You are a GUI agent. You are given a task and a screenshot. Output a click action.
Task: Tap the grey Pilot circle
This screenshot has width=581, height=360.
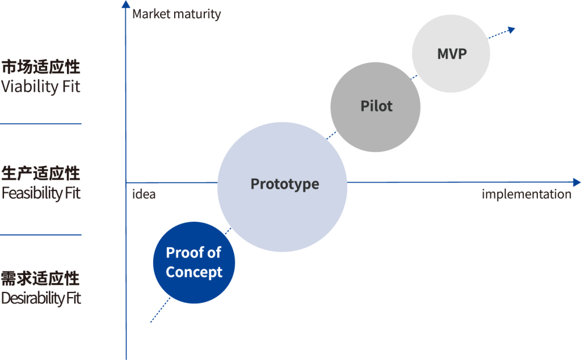[376, 107]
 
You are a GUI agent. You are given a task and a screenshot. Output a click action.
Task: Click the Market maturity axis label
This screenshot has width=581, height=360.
[176, 14]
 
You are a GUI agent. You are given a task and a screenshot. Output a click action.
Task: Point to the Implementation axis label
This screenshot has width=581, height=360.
[527, 194]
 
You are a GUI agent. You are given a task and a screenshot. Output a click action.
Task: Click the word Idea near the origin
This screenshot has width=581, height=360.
[144, 194]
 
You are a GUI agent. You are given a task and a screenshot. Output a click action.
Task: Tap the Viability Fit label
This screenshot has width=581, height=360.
[41, 87]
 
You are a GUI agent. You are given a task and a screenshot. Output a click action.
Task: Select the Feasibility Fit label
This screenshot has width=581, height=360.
[41, 193]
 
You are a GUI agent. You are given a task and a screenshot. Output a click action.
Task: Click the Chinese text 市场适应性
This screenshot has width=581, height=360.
[41, 67]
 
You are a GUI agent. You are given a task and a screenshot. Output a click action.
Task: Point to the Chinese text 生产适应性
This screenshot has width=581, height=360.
[41, 173]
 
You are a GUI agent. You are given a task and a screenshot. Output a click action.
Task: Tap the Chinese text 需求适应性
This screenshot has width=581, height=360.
[41, 278]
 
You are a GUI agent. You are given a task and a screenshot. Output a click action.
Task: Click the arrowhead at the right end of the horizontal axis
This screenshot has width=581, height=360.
[576, 183]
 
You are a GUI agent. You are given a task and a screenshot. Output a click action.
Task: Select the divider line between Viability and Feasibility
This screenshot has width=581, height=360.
[41, 124]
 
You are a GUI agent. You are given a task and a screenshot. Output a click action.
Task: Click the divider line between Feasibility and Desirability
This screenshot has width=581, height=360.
[41, 235]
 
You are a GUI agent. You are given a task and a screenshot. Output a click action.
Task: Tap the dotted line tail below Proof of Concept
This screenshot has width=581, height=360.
[152, 321]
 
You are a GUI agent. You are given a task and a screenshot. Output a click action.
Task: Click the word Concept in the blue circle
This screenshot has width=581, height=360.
[194, 272]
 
